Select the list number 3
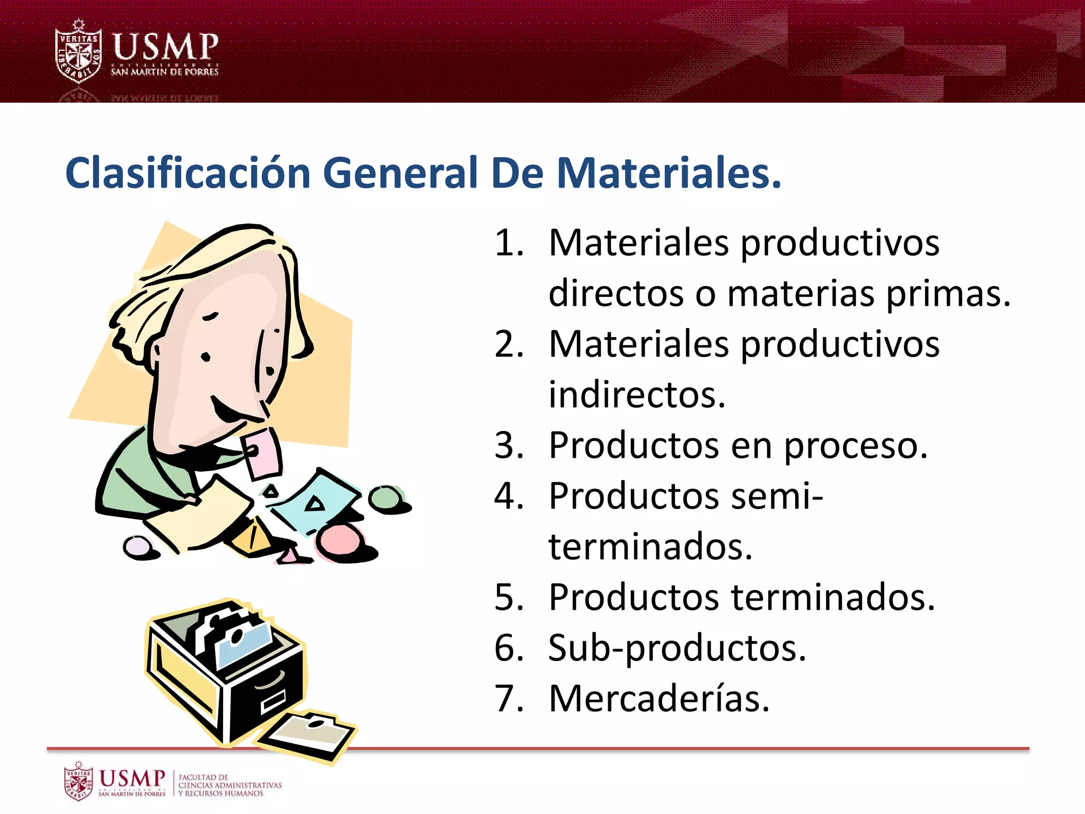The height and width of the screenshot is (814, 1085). pos(509,446)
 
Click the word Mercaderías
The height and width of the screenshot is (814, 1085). pos(659,698)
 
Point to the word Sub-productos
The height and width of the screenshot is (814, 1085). pos(677,648)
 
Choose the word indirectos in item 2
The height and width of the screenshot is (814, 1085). pos(636,395)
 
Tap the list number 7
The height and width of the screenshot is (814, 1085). pos(509,698)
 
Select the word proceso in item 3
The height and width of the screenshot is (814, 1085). pos(855,446)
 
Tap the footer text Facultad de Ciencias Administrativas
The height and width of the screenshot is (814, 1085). pos(229,785)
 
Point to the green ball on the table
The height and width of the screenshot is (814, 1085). pos(386,498)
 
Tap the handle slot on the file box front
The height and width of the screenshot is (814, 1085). pos(273,703)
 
